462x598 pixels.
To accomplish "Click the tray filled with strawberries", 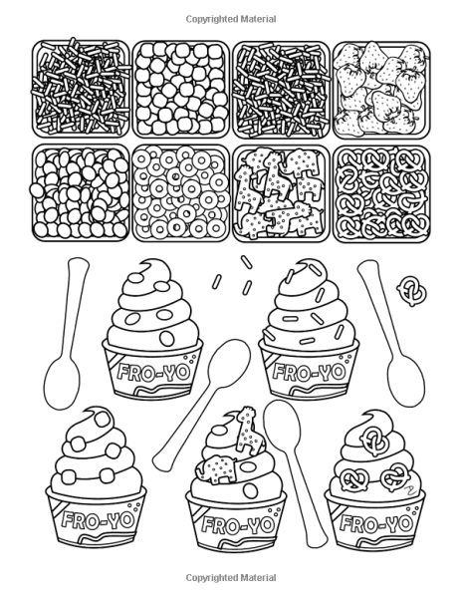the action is pos(382,90).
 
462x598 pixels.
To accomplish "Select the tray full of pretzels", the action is pos(382,193).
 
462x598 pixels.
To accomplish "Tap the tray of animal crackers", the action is pos(281,193).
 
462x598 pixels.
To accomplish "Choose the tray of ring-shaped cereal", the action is pos(181,193).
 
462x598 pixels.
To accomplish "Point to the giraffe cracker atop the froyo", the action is pos(248,430).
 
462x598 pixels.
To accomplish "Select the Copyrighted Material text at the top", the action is pos(231,19).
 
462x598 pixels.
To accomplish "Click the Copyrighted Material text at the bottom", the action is pos(231,578).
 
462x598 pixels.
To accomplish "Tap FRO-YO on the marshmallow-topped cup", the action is pos(98,520).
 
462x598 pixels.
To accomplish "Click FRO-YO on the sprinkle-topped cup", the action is pos(309,371).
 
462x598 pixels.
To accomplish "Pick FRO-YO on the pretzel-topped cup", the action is pos(376,523).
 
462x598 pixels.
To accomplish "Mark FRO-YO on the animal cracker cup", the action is pos(238,524).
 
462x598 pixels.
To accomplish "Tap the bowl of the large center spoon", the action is pos(229,362).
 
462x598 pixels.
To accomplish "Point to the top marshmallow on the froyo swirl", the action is pos(103,420).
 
